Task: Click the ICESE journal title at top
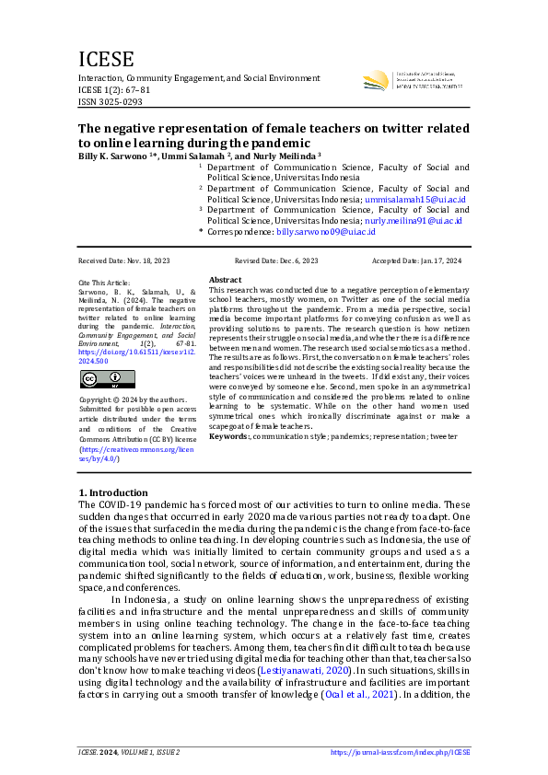point(106,60)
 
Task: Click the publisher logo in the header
point(377,81)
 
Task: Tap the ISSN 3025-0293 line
point(111,102)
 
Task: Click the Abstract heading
point(225,279)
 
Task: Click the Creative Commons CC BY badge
point(107,379)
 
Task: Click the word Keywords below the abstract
point(228,435)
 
